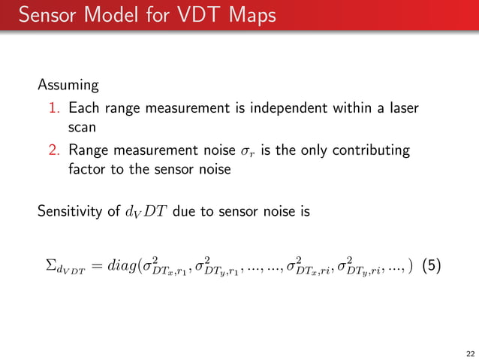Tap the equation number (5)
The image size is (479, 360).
tap(434, 266)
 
